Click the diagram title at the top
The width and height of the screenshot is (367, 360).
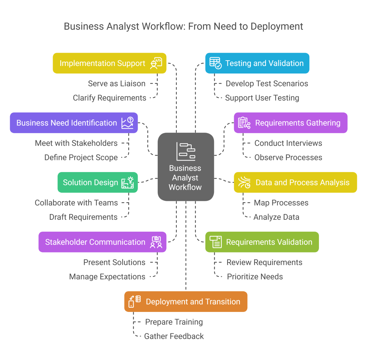pyautogui.click(x=183, y=27)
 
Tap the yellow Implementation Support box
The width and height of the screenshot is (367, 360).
pyautogui.click(x=109, y=63)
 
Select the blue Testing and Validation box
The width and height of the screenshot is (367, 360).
pyautogui.click(x=257, y=63)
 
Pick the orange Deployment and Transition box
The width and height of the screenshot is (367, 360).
pyautogui.click(x=186, y=302)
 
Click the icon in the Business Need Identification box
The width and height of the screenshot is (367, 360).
pyautogui.click(x=127, y=123)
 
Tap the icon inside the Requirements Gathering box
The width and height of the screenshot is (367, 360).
pyautogui.click(x=244, y=123)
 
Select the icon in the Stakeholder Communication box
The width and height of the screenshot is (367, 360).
pyautogui.click(x=156, y=242)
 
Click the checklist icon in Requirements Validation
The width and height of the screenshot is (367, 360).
pyautogui.click(x=216, y=242)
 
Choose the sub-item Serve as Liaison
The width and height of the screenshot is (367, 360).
pyautogui.click(x=116, y=84)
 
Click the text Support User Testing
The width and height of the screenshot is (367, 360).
pyautogui.click(x=262, y=98)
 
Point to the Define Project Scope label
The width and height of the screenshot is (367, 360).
pyautogui.click(x=81, y=157)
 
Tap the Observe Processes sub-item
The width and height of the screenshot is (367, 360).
pyautogui.click(x=288, y=157)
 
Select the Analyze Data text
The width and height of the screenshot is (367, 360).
pyautogui.click(x=276, y=217)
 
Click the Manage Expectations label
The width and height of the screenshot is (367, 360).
pyautogui.click(x=107, y=276)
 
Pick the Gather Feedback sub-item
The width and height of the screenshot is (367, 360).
pyautogui.click(x=174, y=336)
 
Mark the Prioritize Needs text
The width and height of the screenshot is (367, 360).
pyautogui.click(x=255, y=276)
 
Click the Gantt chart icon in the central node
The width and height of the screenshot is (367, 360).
pyautogui.click(x=186, y=152)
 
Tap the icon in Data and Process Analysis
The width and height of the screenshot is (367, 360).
pyautogui.click(x=244, y=183)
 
